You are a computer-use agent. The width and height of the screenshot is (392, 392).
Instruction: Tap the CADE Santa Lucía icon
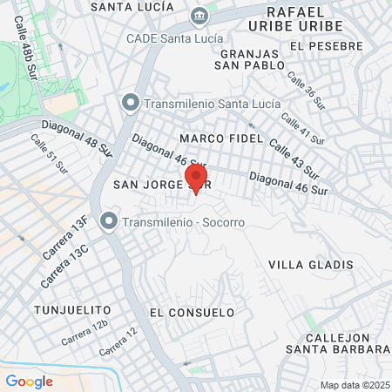point(199,17)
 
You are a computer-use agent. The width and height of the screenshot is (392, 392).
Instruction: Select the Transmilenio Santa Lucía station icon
point(131,104)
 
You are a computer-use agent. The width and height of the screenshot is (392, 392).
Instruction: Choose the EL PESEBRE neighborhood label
point(320,45)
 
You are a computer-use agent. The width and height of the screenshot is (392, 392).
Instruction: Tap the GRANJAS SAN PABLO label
point(248,58)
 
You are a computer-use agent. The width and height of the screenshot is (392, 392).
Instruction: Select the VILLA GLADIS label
point(310,264)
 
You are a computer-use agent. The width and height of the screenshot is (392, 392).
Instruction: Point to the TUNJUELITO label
point(72,310)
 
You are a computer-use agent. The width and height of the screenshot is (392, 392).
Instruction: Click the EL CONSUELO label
point(192,312)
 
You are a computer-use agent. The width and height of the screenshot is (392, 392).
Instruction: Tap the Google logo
point(29,381)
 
